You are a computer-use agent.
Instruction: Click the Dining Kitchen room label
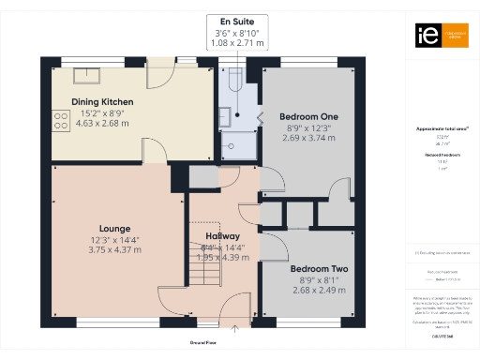click(102, 101)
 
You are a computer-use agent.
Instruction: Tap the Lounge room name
click(114, 228)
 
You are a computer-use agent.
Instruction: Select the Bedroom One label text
click(308, 116)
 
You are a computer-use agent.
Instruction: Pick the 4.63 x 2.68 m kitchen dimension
click(102, 122)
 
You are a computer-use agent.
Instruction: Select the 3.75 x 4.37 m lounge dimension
click(114, 248)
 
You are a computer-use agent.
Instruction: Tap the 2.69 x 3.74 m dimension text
click(308, 137)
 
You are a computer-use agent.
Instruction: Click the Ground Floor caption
click(204, 343)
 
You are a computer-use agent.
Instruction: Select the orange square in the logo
click(455, 36)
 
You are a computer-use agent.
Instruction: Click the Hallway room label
click(222, 235)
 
